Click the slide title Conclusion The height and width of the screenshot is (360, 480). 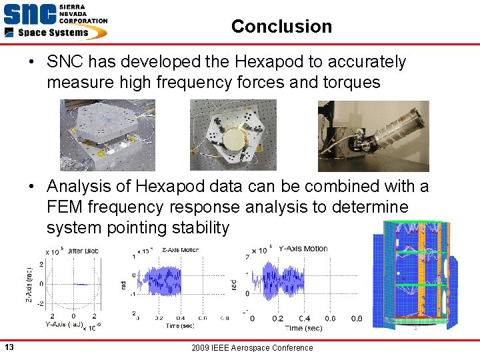pos(281,27)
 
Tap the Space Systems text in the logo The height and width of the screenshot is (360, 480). pos(53,33)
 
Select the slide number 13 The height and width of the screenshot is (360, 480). pos(9,347)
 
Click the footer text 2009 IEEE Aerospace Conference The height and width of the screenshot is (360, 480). pos(252,347)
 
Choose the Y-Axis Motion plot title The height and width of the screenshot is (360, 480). pos(303,249)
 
